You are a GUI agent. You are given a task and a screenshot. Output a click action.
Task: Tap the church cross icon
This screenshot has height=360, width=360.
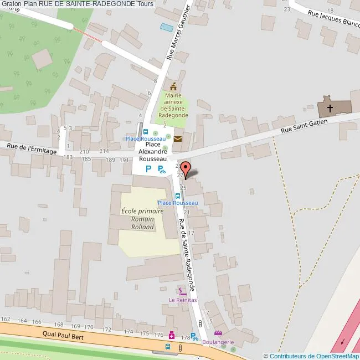point(330,108)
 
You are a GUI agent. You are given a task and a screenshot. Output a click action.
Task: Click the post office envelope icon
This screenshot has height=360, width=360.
point(178,139)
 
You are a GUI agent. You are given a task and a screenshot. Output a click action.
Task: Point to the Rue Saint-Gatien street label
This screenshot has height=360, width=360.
point(304,125)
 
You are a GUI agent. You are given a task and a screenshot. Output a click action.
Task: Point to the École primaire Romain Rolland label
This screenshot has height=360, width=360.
point(142,219)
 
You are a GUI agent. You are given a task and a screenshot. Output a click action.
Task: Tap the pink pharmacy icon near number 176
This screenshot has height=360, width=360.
point(172,335)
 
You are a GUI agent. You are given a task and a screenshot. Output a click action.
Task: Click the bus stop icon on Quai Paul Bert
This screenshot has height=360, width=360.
point(168,347)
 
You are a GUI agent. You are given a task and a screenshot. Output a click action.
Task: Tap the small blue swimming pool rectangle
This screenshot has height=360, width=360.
point(166,27)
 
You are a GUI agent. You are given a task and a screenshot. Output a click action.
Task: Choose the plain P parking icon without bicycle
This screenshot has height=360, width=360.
point(148,169)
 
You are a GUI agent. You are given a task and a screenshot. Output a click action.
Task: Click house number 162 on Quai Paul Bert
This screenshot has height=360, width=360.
point(6,320)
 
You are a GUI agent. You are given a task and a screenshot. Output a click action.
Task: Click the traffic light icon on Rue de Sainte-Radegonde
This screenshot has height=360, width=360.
point(200,323)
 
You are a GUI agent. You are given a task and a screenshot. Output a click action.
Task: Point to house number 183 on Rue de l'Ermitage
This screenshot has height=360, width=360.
point(68,158)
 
